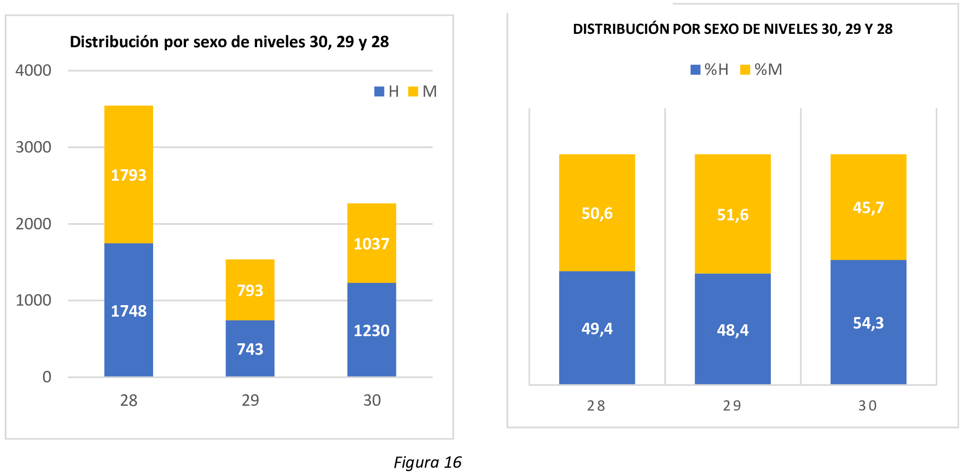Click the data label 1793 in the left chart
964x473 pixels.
coord(128,175)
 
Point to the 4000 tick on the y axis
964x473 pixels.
coord(33,71)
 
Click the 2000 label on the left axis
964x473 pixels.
coord(33,224)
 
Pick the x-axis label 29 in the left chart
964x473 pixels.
coord(250,400)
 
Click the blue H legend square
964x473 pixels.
coord(379,92)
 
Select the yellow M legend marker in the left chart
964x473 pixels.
coord(413,92)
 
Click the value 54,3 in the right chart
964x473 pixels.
coord(868,323)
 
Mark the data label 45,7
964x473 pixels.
coord(868,208)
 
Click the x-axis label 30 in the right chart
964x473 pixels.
coord(868,406)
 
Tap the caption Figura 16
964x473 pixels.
coord(427,462)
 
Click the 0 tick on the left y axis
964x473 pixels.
coord(47,377)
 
